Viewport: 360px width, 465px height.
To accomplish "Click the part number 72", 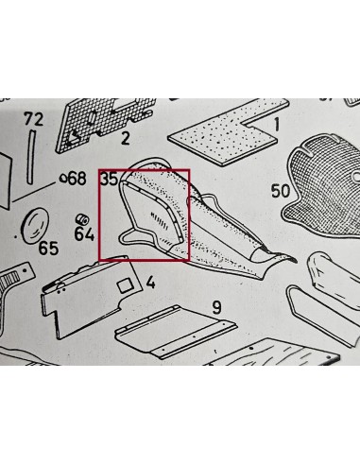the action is (x=35, y=119).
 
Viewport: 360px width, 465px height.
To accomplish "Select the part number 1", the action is (x=277, y=124).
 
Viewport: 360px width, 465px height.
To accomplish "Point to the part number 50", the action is (x=280, y=190).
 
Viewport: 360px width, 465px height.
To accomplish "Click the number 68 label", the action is (x=76, y=179).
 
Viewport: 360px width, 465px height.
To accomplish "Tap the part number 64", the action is (x=84, y=233).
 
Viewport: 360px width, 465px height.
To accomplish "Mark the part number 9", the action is (x=216, y=306).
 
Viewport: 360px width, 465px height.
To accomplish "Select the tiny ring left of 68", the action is (x=62, y=179).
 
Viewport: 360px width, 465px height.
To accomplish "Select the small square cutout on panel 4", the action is (x=124, y=283).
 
